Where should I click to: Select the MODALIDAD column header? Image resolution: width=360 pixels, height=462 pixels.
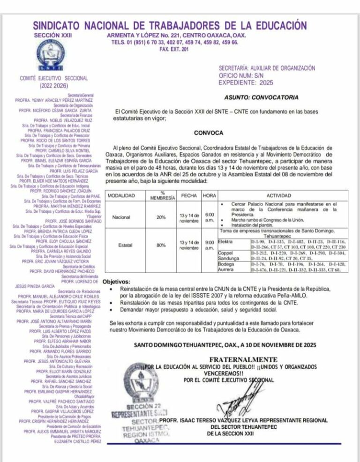click(121, 195)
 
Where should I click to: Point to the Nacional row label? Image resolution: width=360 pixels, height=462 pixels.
click(121, 217)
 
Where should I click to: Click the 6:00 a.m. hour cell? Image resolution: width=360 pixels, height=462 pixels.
click(210, 217)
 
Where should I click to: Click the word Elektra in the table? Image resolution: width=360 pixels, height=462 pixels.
click(226, 241)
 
